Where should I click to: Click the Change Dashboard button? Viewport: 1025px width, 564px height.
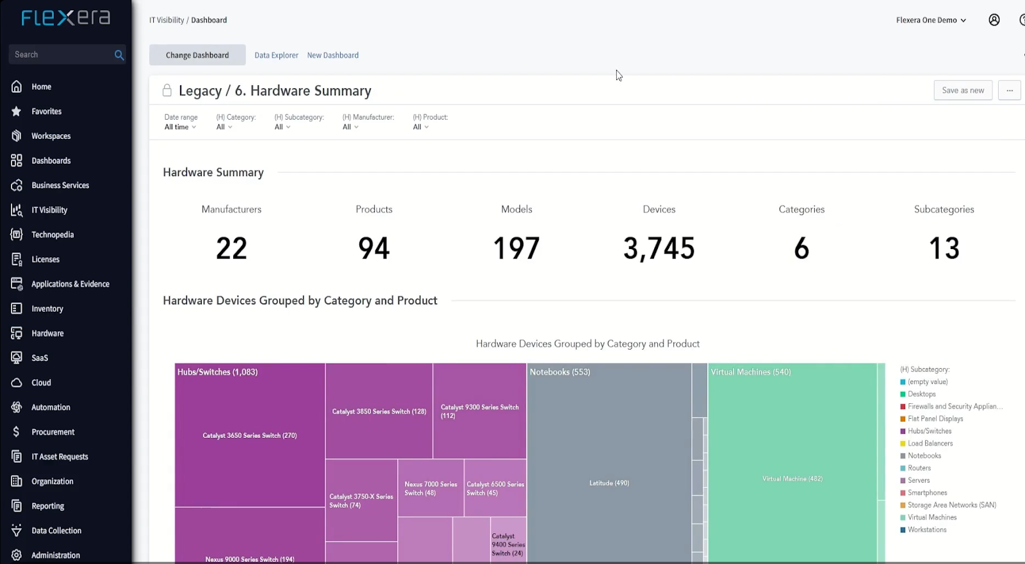pyautogui.click(x=197, y=55)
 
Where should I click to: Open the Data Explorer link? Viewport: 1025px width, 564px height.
pyautogui.click(x=276, y=55)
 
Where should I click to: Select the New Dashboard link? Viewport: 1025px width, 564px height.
pyautogui.click(x=332, y=55)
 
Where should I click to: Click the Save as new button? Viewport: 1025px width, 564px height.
pyautogui.click(x=963, y=90)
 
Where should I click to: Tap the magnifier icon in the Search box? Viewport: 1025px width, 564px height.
pyautogui.click(x=119, y=55)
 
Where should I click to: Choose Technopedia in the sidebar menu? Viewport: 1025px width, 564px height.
pyautogui.click(x=53, y=235)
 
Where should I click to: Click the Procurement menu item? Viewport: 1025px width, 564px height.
pyautogui.click(x=53, y=432)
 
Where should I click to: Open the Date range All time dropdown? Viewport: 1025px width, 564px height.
pyautogui.click(x=180, y=127)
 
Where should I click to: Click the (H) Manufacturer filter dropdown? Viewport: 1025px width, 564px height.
pyautogui.click(x=350, y=127)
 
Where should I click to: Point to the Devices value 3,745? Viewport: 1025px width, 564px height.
pyautogui.click(x=659, y=248)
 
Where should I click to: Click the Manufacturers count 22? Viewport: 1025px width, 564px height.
pyautogui.click(x=231, y=248)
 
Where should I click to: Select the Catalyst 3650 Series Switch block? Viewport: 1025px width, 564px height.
pyautogui.click(x=250, y=435)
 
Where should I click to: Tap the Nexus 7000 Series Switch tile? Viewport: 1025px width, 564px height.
pyautogui.click(x=430, y=488)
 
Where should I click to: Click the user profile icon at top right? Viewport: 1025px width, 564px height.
pyautogui.click(x=994, y=20)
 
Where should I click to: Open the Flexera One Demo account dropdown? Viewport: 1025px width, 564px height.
pyautogui.click(x=931, y=20)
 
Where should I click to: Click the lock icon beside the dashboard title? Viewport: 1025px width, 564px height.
pyautogui.click(x=167, y=90)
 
